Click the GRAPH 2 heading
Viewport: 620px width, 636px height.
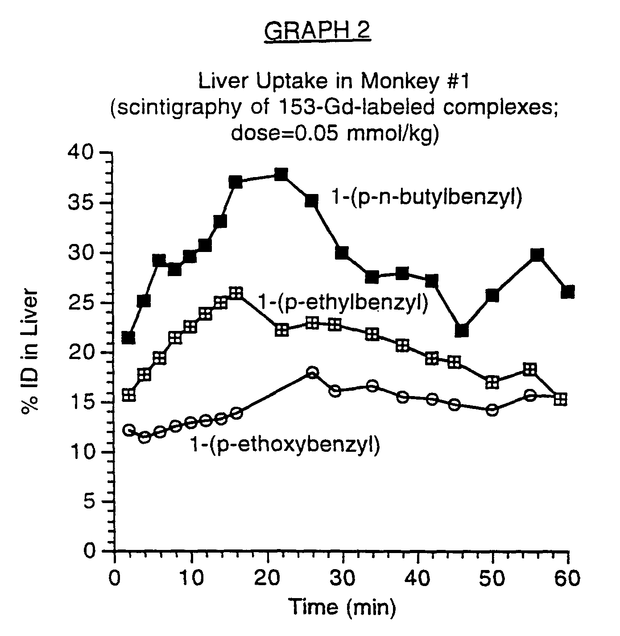click(317, 31)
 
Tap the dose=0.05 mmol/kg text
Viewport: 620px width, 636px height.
click(334, 134)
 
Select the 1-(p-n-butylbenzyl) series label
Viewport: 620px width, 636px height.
click(426, 197)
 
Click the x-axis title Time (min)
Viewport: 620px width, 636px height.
click(342, 607)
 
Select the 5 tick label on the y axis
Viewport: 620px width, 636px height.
click(92, 502)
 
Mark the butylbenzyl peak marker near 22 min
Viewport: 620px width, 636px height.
click(281, 174)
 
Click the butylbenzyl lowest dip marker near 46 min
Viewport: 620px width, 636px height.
click(462, 330)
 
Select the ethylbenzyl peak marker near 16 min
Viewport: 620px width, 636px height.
click(236, 293)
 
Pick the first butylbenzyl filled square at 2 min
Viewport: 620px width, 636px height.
click(128, 338)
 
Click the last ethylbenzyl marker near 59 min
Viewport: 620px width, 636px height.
click(561, 399)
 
